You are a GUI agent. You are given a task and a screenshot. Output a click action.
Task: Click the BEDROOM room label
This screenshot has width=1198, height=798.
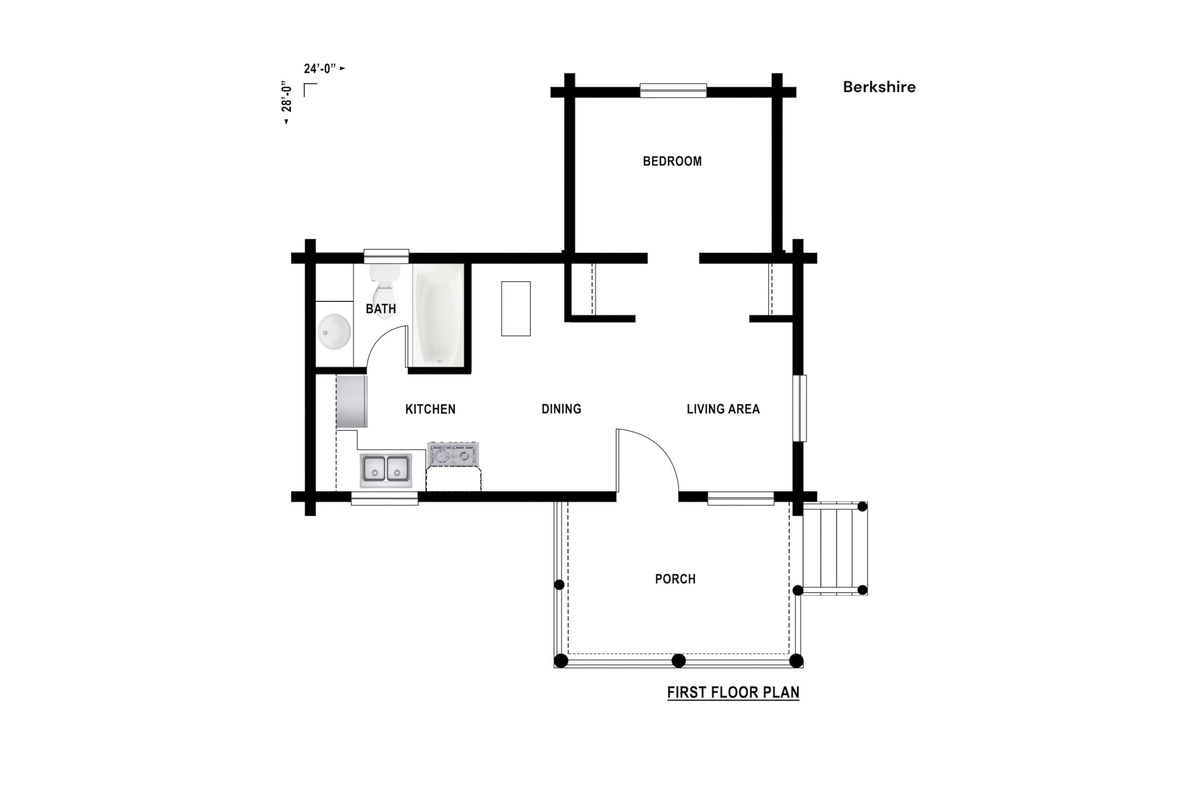tap(672, 161)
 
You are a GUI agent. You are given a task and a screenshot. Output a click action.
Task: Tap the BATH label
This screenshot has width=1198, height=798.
tap(380, 309)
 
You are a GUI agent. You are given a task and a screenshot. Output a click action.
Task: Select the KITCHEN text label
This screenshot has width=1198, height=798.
tap(431, 409)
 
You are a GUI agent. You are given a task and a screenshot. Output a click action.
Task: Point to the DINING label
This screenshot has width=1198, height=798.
tap(561, 409)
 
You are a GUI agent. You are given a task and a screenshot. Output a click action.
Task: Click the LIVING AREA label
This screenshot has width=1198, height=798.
tap(723, 409)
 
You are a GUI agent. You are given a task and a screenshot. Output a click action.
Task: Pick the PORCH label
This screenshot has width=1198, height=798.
tap(675, 579)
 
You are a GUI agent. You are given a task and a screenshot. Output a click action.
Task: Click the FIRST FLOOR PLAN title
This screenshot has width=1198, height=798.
tap(733, 692)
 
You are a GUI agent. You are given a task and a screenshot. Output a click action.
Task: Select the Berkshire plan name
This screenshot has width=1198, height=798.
tap(879, 87)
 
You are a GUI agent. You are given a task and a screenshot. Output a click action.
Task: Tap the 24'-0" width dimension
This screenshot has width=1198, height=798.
tap(320, 68)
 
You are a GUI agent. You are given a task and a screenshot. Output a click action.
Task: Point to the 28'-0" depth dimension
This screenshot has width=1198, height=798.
tap(287, 96)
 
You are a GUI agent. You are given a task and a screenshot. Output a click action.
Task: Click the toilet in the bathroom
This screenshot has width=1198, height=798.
tap(385, 291)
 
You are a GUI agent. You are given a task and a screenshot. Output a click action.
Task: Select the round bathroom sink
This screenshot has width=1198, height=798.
tap(334, 332)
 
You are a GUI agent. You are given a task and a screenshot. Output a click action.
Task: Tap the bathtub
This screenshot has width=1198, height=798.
tap(438, 315)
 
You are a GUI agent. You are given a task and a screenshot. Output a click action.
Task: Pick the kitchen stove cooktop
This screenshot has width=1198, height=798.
tap(453, 454)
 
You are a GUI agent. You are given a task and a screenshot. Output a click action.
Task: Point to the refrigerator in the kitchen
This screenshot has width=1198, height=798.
tap(351, 402)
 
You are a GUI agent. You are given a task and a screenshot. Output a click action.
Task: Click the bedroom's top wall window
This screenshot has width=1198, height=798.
tap(673, 91)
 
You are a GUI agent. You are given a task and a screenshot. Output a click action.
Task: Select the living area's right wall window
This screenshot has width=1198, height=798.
tap(799, 408)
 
